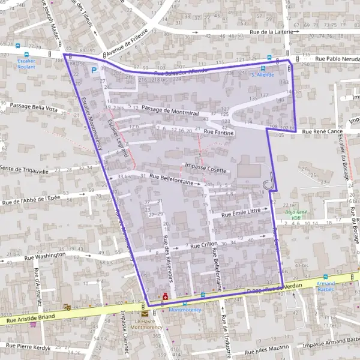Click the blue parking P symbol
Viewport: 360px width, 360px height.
click(x=94, y=70)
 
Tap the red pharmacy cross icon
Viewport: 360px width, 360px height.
click(x=166, y=296)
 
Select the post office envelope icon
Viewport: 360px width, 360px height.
click(x=145, y=313)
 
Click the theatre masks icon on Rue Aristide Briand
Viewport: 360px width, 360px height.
click(x=67, y=307)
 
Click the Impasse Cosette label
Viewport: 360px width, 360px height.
click(x=206, y=169)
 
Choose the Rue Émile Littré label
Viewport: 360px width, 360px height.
click(x=241, y=213)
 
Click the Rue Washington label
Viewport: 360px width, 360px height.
click(x=45, y=256)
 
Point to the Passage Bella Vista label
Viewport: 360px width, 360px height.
click(x=34, y=110)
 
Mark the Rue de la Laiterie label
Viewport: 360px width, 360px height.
click(x=273, y=32)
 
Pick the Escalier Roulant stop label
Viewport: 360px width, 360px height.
click(x=26, y=64)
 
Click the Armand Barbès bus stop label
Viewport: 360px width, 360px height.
click(x=326, y=286)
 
